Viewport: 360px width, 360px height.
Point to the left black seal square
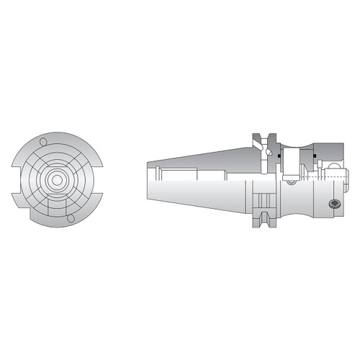click(276, 154)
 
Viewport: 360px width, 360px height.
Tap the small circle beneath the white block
click(292, 181)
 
